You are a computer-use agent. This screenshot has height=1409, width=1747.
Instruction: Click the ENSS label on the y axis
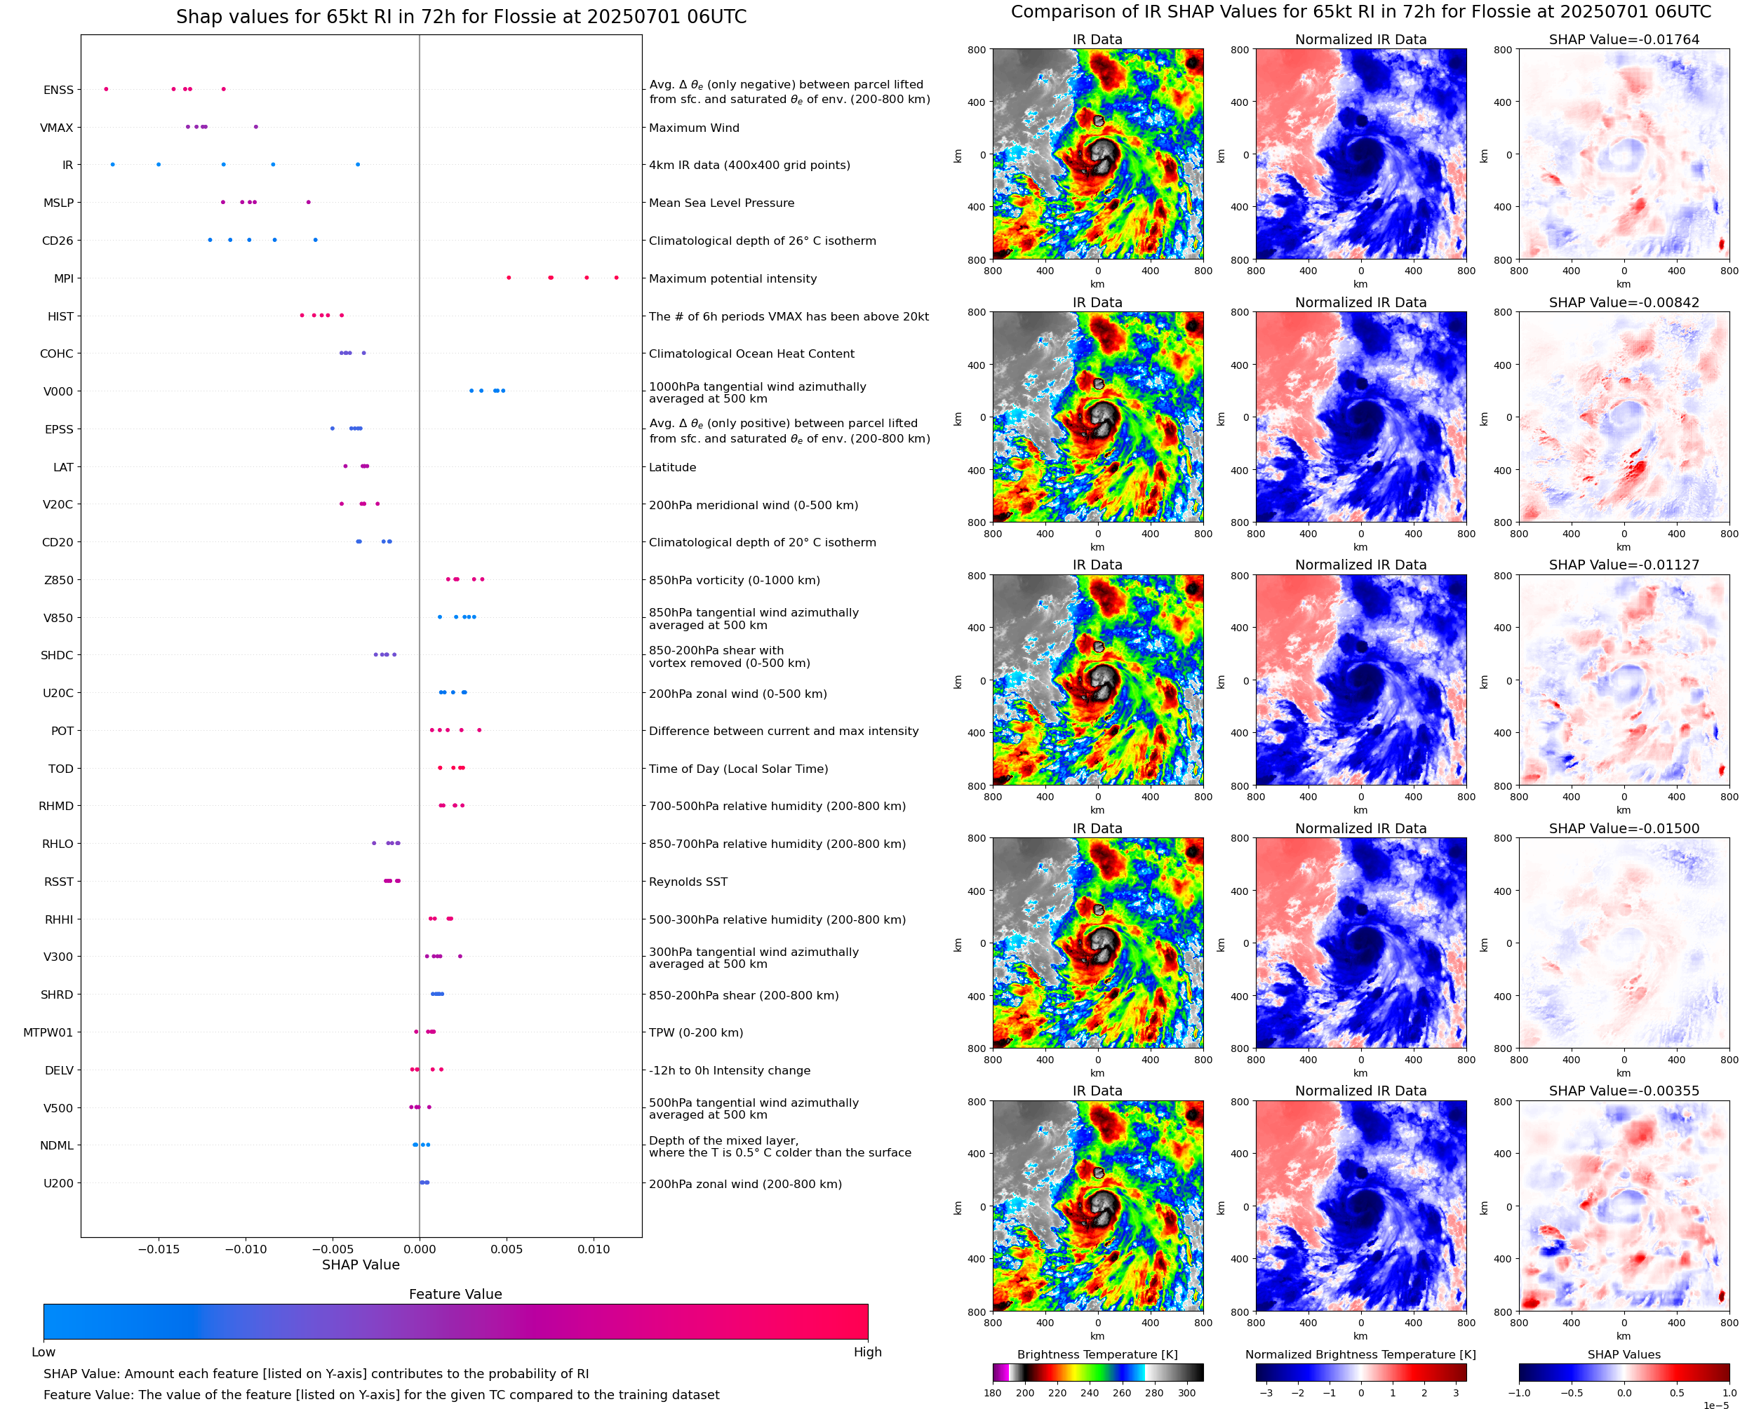(x=58, y=90)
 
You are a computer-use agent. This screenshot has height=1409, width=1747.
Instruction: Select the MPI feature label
(x=63, y=278)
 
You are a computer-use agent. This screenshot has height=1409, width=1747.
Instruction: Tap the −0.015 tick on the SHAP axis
(x=159, y=1249)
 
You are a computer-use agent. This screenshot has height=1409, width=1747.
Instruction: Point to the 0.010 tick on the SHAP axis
(x=594, y=1249)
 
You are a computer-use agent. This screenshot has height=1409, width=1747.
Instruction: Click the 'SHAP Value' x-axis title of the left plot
(x=361, y=1265)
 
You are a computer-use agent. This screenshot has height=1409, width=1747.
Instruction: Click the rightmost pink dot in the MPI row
(x=616, y=278)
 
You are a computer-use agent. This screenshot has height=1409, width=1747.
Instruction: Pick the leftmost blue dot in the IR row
(x=113, y=165)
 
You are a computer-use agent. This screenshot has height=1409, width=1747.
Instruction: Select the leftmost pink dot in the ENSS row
(x=107, y=89)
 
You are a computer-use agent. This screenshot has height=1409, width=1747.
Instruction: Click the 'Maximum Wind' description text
(x=694, y=128)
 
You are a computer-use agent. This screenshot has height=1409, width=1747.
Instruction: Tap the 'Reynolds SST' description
(x=688, y=882)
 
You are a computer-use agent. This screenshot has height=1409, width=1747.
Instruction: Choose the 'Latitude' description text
(x=672, y=468)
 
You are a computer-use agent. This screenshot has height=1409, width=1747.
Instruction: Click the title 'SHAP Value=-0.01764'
(x=1624, y=40)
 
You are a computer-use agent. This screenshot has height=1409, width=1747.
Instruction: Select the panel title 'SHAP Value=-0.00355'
(x=1624, y=1091)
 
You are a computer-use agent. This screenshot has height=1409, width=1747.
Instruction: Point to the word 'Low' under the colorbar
(x=43, y=1352)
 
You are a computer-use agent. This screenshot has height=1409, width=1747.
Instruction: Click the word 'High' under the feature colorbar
(x=867, y=1352)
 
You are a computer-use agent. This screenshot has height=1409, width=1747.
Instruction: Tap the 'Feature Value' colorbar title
(x=455, y=1295)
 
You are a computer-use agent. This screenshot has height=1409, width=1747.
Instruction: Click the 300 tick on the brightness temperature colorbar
(x=1187, y=1393)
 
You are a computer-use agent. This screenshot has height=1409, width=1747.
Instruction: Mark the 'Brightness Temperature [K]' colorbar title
(x=1097, y=1354)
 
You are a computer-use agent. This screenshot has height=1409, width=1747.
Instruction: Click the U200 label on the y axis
(x=58, y=1183)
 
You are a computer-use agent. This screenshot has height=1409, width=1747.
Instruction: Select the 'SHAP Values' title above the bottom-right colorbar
(x=1624, y=1354)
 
